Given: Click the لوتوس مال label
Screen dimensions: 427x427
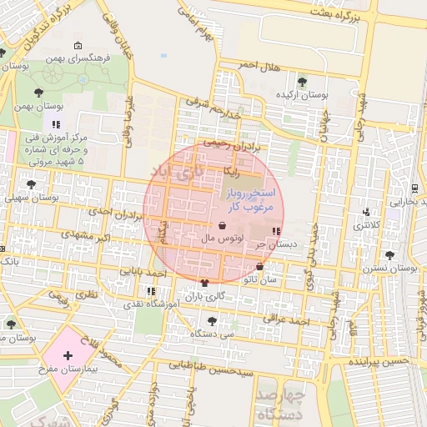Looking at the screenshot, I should (x=222, y=239).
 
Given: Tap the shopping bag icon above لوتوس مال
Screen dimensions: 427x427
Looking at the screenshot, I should (x=222, y=225).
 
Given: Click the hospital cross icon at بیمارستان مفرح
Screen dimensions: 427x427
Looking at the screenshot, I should (x=68, y=355).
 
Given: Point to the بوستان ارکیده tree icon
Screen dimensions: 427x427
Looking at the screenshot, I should (x=301, y=82).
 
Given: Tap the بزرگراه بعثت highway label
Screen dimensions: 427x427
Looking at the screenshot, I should (x=333, y=12).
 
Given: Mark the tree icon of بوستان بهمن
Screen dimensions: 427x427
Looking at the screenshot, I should (x=39, y=92).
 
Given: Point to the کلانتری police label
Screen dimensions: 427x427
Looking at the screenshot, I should (x=365, y=225).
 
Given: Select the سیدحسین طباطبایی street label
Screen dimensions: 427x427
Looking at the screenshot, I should (x=211, y=364).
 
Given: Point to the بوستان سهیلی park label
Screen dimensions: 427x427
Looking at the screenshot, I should (x=31, y=198).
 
